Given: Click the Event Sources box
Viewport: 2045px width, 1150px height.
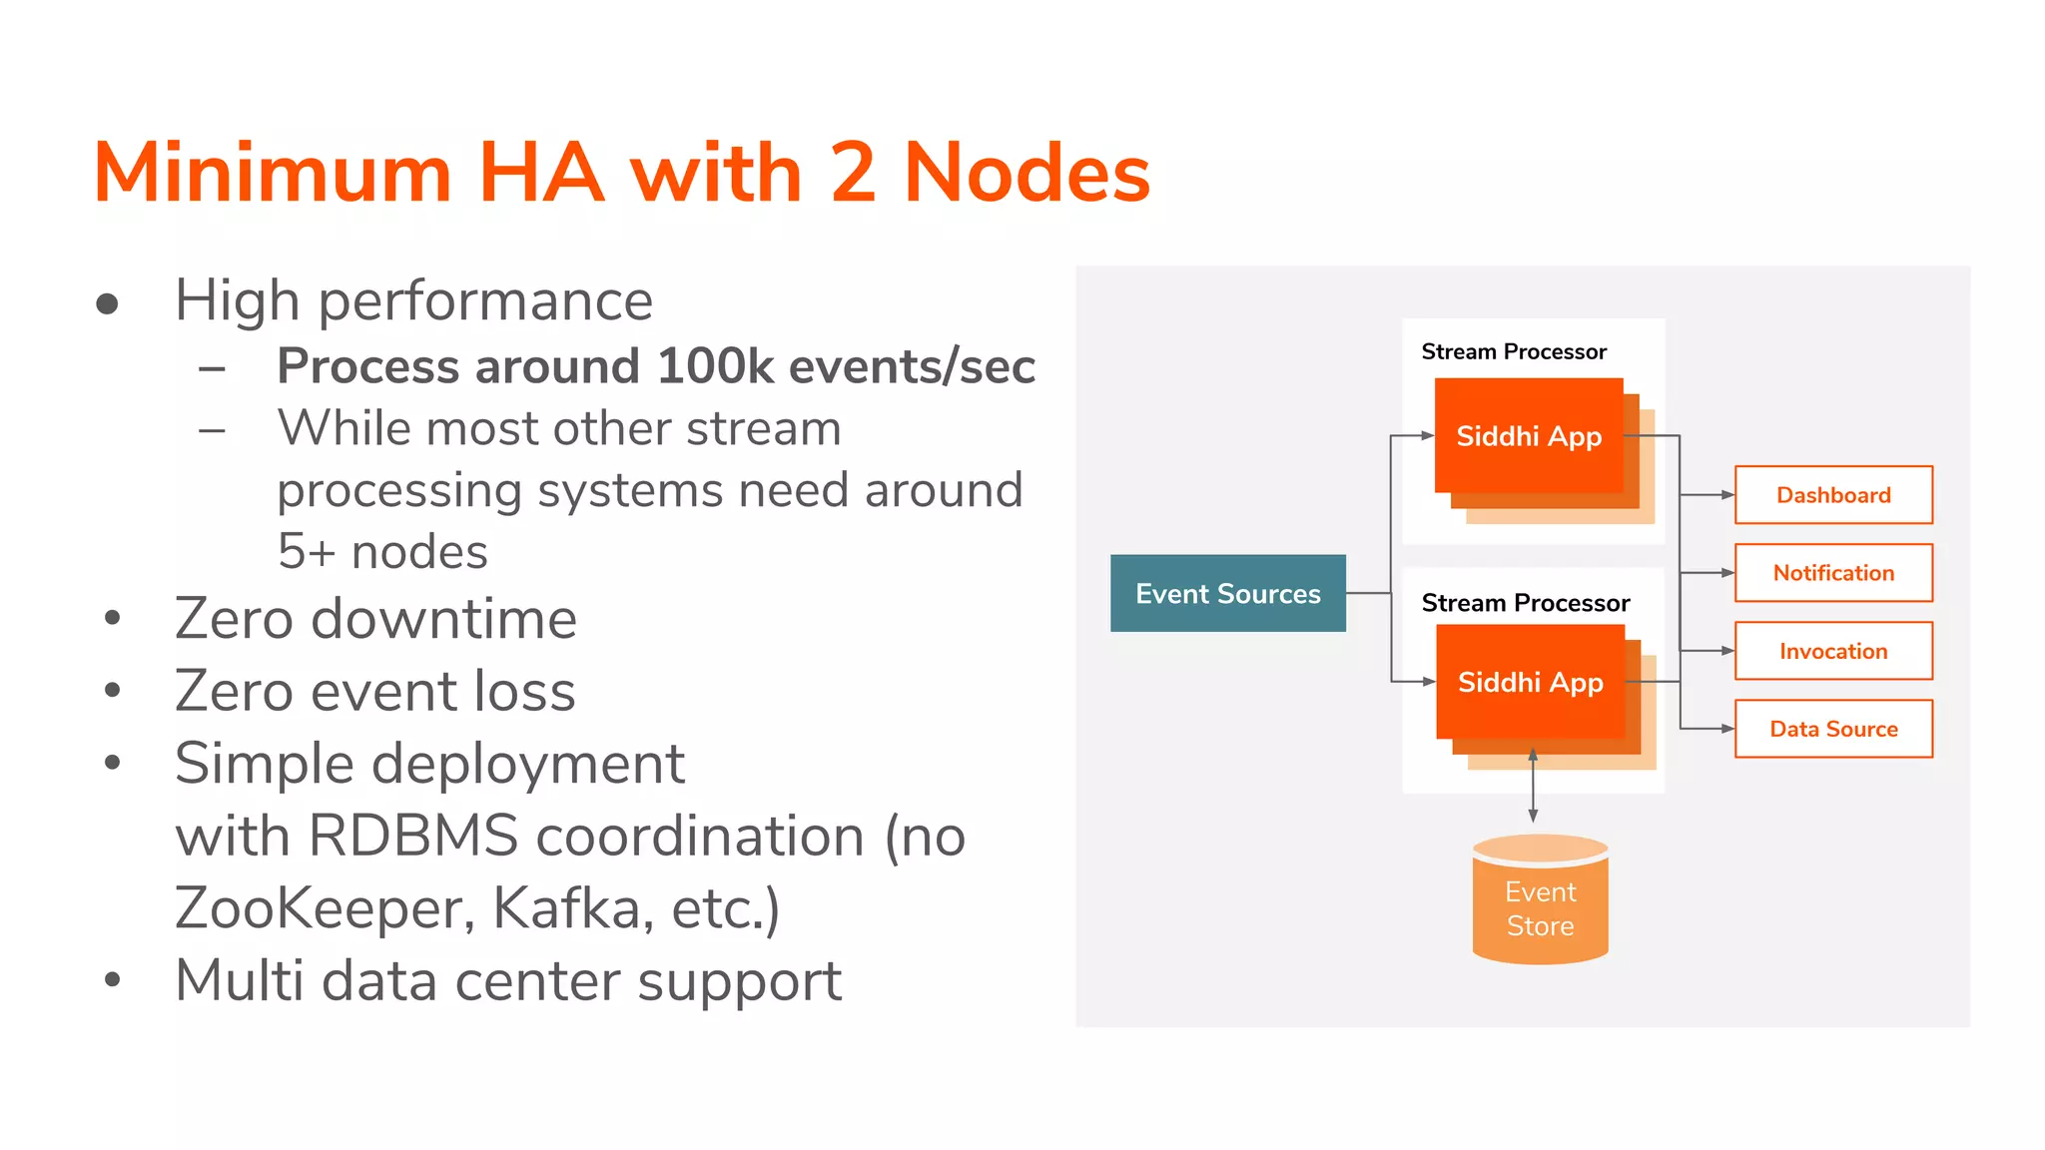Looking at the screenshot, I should (x=1227, y=593).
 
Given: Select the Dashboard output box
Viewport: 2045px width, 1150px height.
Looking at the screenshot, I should (x=1833, y=495).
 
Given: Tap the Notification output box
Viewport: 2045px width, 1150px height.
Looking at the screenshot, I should (x=1833, y=573).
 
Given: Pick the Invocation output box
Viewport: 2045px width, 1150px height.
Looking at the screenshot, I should (x=1833, y=651).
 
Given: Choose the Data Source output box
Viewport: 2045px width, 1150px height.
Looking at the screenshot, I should (x=1833, y=729).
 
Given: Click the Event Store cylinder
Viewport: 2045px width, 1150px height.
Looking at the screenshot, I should (x=1540, y=903).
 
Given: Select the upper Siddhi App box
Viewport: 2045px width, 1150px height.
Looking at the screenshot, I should (x=1528, y=436).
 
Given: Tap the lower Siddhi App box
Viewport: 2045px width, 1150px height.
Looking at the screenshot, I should (x=1530, y=683).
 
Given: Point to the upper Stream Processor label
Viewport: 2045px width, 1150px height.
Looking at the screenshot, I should (x=1514, y=351).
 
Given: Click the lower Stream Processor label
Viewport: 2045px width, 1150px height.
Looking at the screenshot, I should (x=1525, y=603).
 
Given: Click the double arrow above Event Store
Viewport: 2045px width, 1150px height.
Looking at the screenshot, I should (x=1533, y=786).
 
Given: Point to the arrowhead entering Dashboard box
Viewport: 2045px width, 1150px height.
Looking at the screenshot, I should (x=1727, y=495).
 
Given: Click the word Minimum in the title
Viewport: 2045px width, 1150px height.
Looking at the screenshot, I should (x=273, y=173).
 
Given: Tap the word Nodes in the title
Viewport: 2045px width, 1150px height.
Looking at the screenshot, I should (x=1026, y=173).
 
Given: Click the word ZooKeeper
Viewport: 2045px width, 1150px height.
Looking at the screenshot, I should (x=318, y=908).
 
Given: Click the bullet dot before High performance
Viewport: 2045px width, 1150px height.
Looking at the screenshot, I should (x=108, y=303).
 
